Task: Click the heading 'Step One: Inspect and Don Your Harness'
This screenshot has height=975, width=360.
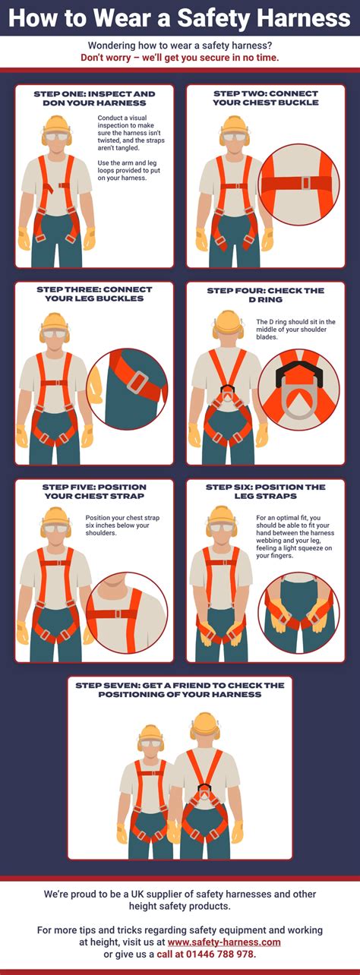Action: click(x=94, y=98)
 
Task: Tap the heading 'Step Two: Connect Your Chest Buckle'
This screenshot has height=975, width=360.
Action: click(x=266, y=98)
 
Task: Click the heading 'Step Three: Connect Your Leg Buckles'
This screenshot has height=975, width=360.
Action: click(x=94, y=294)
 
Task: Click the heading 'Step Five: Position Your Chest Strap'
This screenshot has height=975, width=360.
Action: click(x=94, y=491)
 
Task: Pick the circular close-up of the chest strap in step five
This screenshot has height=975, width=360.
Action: click(x=125, y=607)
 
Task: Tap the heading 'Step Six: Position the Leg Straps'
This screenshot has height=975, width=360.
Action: click(x=266, y=491)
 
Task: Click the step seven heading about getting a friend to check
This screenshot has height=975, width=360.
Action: click(x=180, y=689)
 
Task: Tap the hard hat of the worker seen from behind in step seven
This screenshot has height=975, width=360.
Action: click(x=204, y=722)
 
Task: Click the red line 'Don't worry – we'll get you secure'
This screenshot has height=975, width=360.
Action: click(x=180, y=58)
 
